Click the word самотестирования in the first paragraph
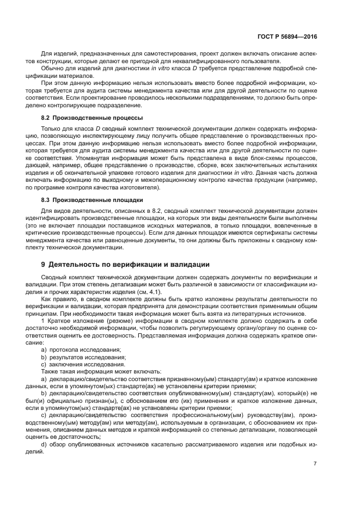169,54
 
